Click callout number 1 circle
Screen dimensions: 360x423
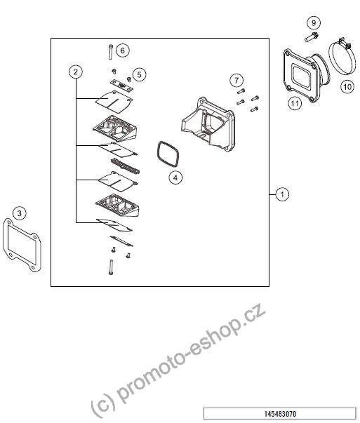coord(282,194)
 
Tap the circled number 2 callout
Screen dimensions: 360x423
coord(76,72)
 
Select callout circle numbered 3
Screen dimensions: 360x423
coord(19,213)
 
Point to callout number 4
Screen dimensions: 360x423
coord(175,177)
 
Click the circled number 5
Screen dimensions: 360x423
coord(139,74)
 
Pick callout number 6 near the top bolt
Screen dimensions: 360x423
coord(123,51)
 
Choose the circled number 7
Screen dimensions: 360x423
coord(236,80)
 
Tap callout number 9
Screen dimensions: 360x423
coord(313,23)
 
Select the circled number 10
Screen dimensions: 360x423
coord(347,87)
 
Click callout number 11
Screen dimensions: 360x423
coord(295,103)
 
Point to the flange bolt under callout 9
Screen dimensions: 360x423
coord(312,37)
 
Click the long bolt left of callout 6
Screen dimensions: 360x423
coord(111,52)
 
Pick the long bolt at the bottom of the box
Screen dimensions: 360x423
coord(111,267)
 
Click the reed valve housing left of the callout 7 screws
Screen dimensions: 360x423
coord(208,124)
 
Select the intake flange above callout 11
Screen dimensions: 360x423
coord(304,74)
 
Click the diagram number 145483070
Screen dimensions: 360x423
coord(280,414)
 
